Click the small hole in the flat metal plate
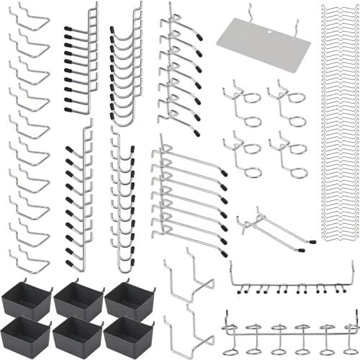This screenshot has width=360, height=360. click(x=271, y=32)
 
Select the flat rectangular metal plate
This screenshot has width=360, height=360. click(x=263, y=43)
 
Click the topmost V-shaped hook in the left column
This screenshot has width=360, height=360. click(x=30, y=18)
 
